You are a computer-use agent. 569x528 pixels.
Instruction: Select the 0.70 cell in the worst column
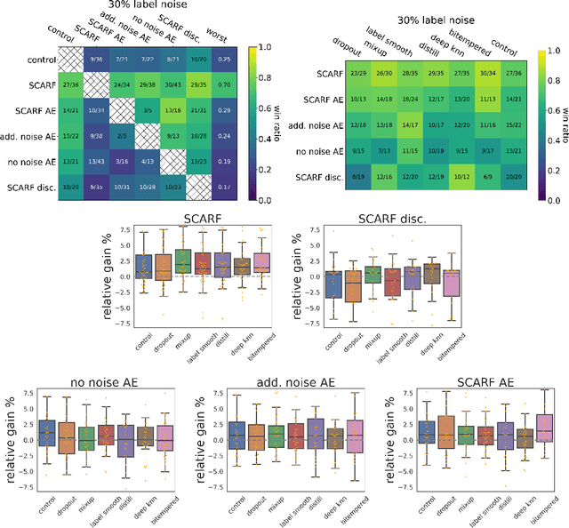point(227,84)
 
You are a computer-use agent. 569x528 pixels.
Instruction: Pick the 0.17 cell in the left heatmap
point(227,187)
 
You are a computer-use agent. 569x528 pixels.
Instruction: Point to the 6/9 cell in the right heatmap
point(486,177)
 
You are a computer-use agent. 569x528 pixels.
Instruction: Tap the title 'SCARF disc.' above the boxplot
point(385,218)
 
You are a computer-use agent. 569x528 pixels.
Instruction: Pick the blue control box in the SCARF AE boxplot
point(424,431)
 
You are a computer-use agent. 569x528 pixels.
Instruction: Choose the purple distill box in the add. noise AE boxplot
point(316,432)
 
